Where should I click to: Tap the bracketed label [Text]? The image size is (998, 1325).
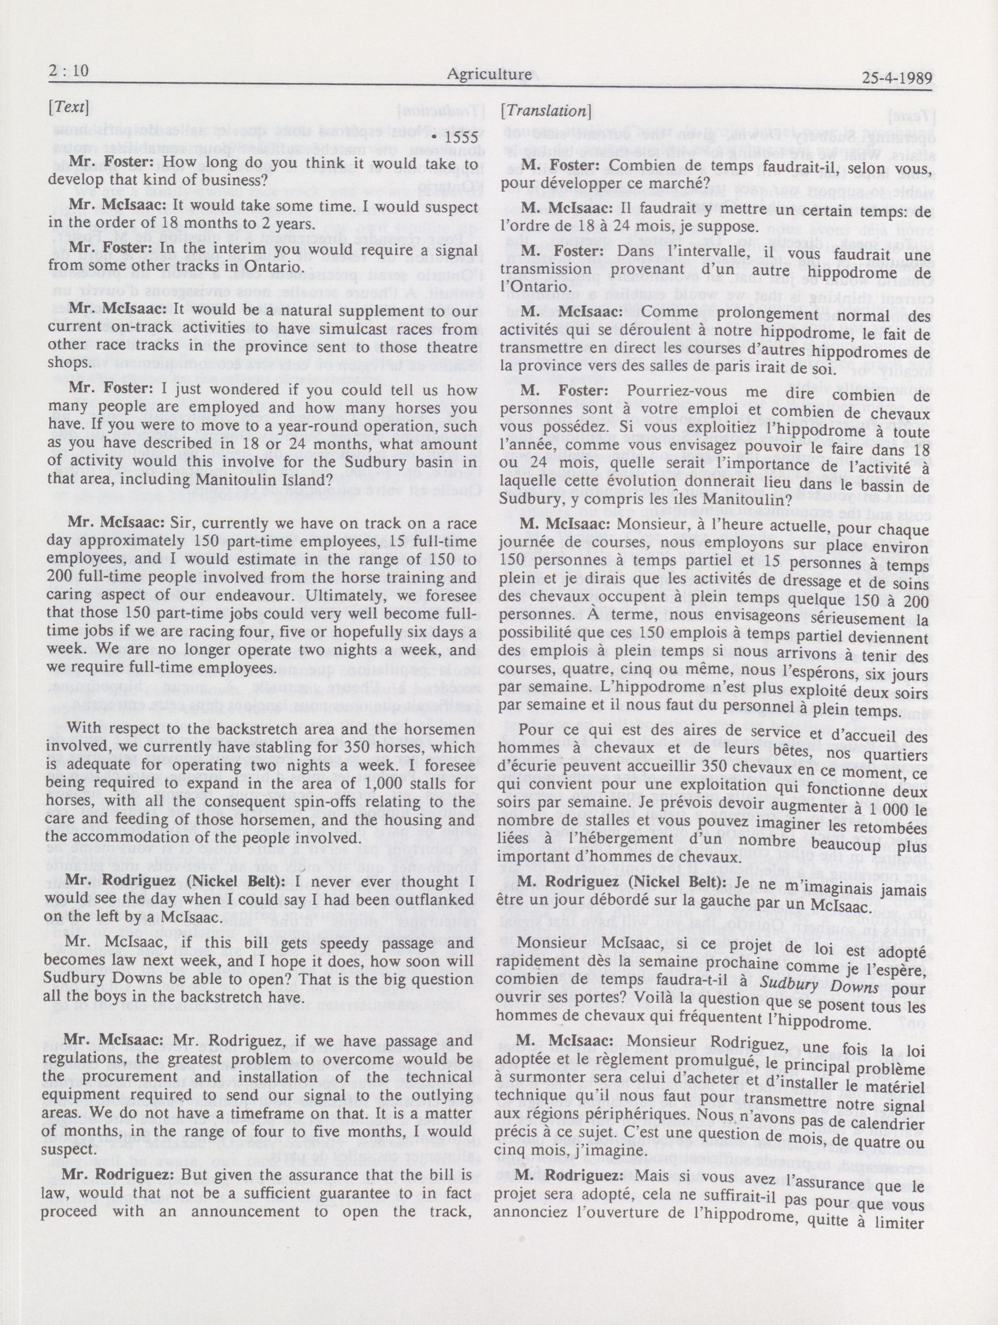click(x=68, y=108)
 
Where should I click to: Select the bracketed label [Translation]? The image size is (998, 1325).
click(x=546, y=111)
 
